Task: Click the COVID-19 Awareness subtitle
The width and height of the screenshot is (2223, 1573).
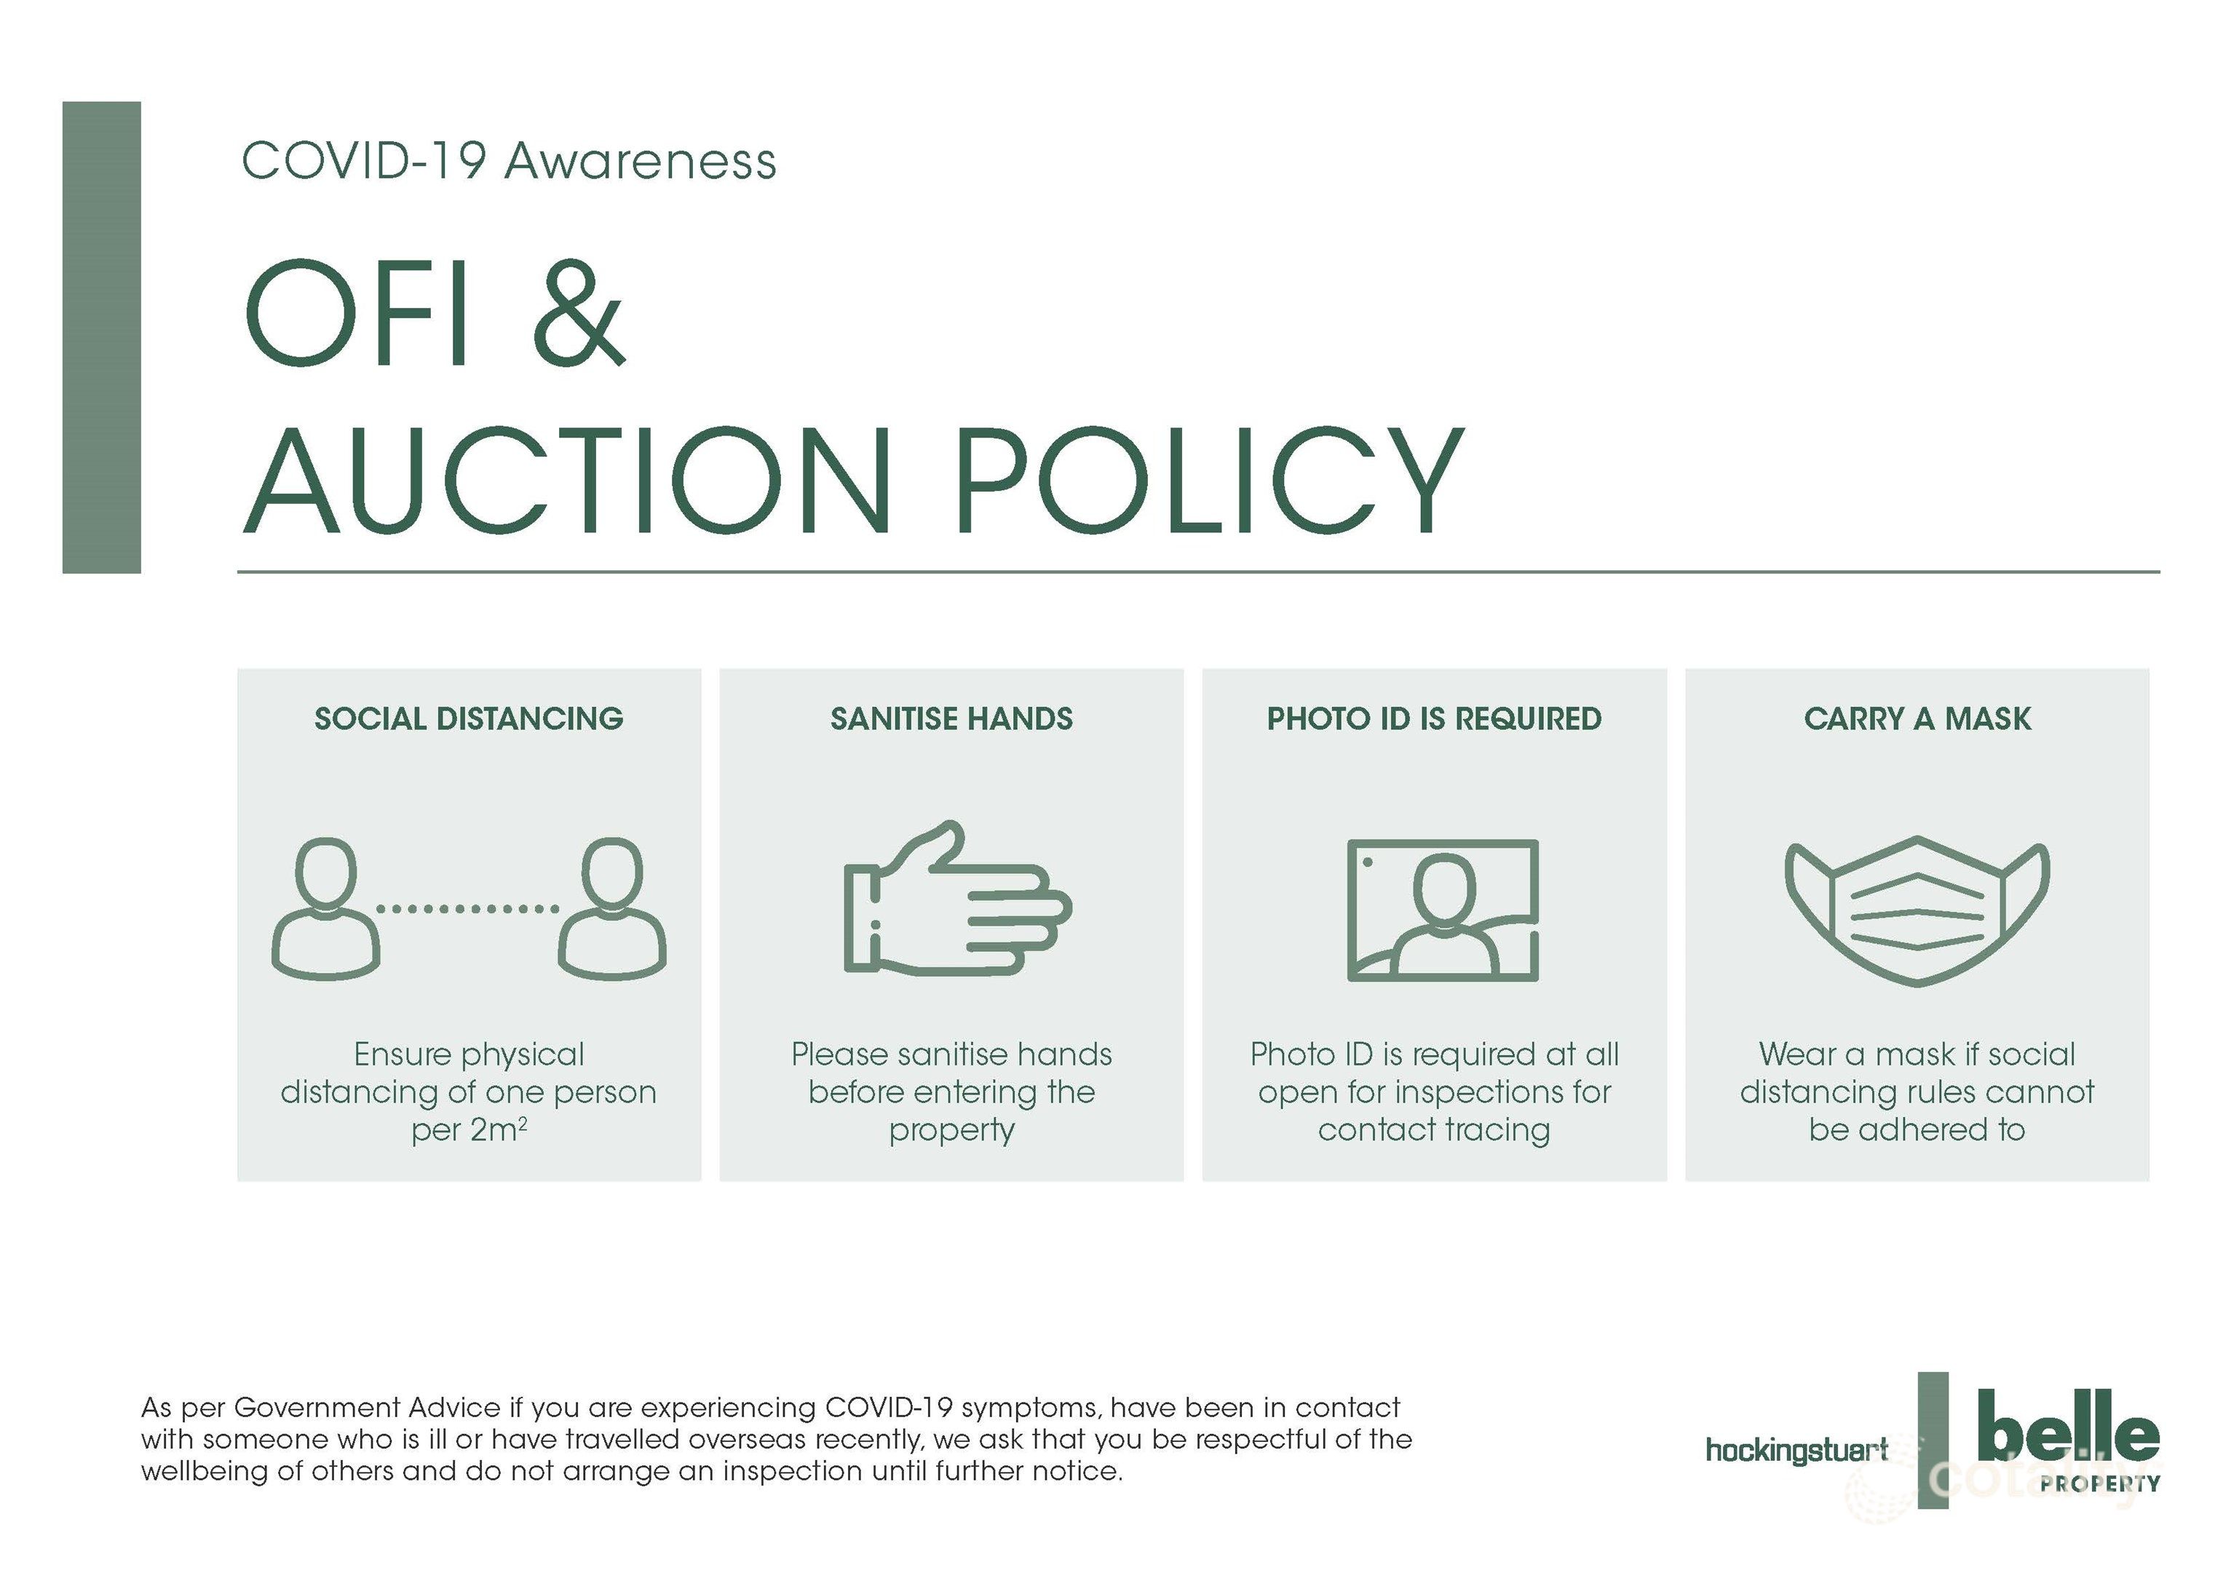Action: (508, 161)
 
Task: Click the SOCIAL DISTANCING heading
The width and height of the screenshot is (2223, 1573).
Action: (469, 719)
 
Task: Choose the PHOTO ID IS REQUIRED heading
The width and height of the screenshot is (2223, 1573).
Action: (1434, 719)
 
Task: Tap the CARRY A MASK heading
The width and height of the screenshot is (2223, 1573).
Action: (1917, 719)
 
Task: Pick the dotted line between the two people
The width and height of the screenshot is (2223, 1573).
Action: (467, 909)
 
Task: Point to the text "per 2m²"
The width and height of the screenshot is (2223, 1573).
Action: (469, 1130)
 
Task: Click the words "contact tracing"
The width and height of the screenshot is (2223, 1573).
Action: (1434, 1130)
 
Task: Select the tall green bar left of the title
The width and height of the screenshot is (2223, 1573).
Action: (102, 337)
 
